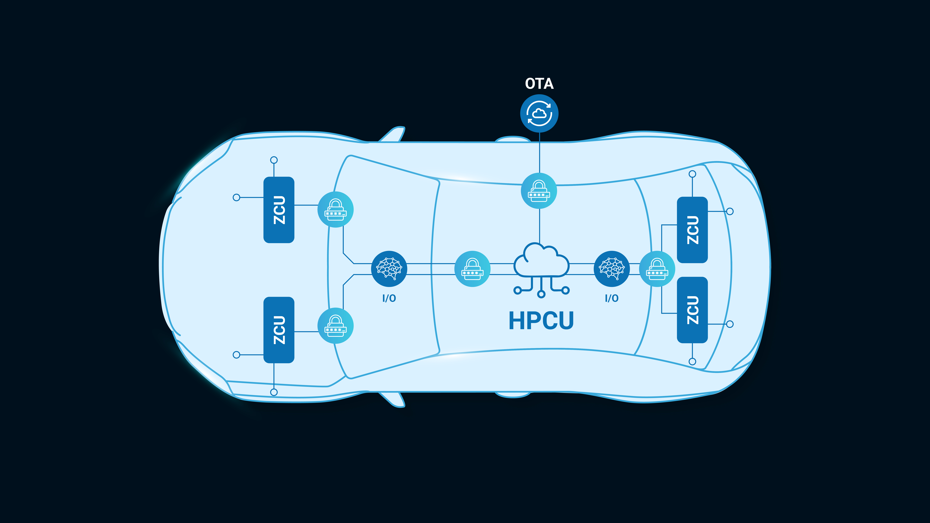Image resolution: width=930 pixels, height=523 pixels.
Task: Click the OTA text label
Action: pyautogui.click(x=539, y=84)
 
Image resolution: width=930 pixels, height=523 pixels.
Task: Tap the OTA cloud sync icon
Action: pyautogui.click(x=539, y=113)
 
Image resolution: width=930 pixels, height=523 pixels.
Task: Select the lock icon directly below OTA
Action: pyautogui.click(x=539, y=191)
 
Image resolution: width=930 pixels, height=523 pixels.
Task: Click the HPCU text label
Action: pyautogui.click(x=541, y=320)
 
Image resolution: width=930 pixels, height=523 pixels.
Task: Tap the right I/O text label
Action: pyautogui.click(x=612, y=298)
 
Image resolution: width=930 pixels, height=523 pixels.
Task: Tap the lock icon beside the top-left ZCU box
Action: pyautogui.click(x=335, y=209)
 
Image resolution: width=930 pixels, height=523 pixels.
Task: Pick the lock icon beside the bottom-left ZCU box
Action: pyautogui.click(x=335, y=326)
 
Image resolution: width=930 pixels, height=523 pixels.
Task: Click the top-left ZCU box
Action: pyautogui.click(x=279, y=210)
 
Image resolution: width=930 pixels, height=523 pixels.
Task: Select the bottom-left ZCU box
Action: pyautogui.click(x=279, y=330)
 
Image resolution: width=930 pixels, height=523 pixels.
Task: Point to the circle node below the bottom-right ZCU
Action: pyautogui.click(x=692, y=361)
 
